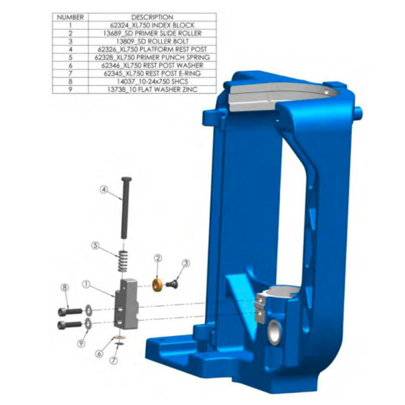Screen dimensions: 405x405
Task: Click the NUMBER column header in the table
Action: (70, 16)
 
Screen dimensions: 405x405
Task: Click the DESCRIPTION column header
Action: (152, 16)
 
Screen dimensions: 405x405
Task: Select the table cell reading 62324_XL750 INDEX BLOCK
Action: (152, 24)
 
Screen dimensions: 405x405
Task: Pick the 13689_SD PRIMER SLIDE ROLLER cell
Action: (152, 32)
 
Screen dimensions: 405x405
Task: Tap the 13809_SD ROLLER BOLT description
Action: (152, 40)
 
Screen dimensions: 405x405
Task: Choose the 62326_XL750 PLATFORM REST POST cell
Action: (152, 49)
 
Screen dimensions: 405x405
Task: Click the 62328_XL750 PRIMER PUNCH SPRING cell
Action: (152, 57)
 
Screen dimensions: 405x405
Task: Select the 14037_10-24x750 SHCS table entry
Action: (152, 81)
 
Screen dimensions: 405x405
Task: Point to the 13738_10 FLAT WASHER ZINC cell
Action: (152, 89)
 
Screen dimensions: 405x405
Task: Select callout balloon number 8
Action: (65, 288)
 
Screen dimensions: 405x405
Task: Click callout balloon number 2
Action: (157, 258)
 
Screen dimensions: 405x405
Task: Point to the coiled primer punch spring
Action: (124, 261)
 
